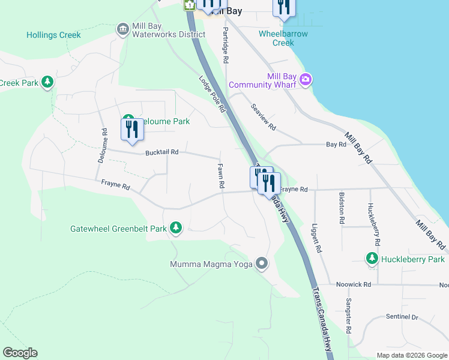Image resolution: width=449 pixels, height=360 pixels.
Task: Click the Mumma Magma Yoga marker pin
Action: tap(261, 263)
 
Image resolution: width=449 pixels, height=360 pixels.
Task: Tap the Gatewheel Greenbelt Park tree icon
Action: tap(176, 228)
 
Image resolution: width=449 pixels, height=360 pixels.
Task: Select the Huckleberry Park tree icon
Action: tap(372, 259)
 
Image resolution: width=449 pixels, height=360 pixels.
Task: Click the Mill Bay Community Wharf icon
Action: tap(306, 79)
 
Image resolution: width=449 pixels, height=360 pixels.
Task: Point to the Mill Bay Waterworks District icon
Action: tap(123, 29)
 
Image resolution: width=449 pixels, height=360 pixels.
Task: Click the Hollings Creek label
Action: tap(53, 35)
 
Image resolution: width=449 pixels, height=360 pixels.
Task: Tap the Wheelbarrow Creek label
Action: tap(283, 38)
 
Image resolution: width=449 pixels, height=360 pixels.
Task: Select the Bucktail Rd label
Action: tap(162, 152)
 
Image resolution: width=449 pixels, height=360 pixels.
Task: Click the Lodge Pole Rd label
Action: tap(212, 94)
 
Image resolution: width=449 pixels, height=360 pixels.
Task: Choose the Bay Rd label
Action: tap(336, 145)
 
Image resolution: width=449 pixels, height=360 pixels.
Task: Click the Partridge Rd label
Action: tap(226, 45)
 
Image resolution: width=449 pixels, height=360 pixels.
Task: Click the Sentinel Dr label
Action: tap(402, 316)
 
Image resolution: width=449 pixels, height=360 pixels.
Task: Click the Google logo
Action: tap(20, 353)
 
